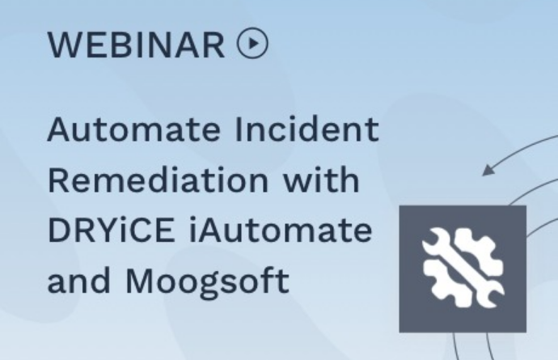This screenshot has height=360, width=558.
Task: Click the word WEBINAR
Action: pos(137,45)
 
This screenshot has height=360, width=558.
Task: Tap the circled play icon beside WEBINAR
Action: pos(252,44)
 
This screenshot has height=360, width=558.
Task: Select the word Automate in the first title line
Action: pos(133,129)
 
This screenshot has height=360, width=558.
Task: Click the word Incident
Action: pos(306,129)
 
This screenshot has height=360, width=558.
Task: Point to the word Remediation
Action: pos(158,180)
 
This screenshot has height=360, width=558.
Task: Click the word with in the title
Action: pos(321,180)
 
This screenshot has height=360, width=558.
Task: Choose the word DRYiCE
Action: pos(112,230)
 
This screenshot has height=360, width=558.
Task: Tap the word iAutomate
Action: pos(281,230)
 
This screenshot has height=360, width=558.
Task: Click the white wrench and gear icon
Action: pos(463,268)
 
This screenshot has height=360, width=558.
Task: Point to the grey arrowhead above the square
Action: pos(488,170)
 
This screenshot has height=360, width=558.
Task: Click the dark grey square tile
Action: pos(463,269)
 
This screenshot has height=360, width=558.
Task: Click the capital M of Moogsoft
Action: pos(139,281)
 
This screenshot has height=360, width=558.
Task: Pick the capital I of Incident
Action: pos(238,129)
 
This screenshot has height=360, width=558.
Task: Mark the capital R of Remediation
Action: pos(58,180)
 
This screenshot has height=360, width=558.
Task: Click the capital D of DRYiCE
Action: pos(59,230)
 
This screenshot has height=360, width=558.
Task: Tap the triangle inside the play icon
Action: pos(253,44)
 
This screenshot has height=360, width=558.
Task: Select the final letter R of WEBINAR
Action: pos(214,45)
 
